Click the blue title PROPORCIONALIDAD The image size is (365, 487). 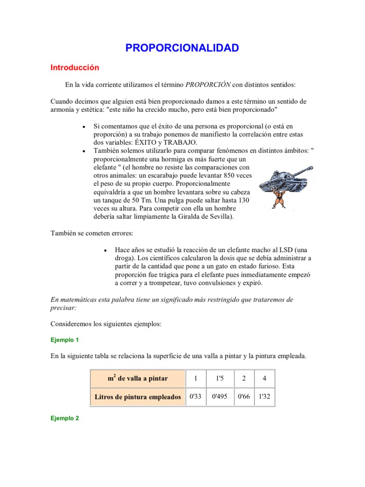(182, 48)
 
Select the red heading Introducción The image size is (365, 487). (75, 68)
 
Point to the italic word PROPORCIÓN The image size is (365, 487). (208, 85)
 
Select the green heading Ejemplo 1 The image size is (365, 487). (64, 340)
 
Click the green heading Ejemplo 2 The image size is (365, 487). (64, 419)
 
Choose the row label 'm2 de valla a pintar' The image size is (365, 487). (137, 379)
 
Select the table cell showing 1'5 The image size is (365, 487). (220, 379)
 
